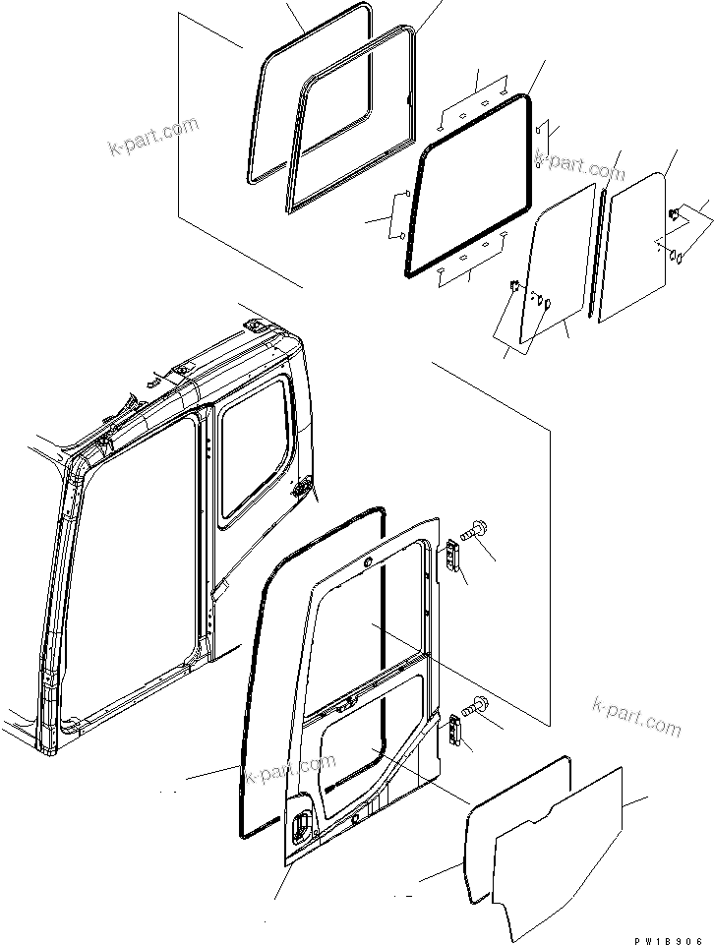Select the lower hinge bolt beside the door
[479, 705]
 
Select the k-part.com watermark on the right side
[636, 716]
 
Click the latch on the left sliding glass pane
[514, 287]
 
